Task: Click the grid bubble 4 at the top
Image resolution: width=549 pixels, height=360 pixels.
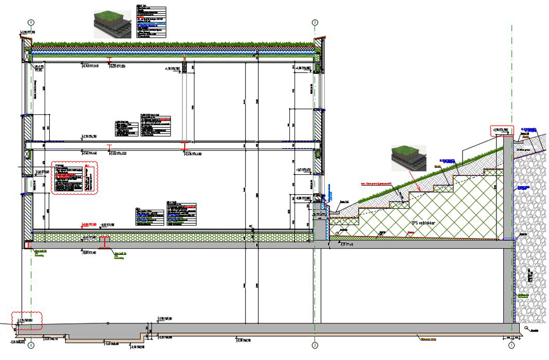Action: click(x=31, y=22)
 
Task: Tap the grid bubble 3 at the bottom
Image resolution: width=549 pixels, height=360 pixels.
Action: click(x=315, y=345)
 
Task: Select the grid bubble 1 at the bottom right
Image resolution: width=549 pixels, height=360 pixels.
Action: click(x=511, y=345)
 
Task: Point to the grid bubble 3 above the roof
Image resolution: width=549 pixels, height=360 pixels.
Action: click(x=315, y=22)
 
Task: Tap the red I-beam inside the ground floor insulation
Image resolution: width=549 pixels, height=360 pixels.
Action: click(x=105, y=242)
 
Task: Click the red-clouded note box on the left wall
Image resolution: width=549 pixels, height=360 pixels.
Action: click(x=74, y=178)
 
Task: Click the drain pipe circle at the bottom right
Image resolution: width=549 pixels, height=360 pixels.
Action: click(x=526, y=328)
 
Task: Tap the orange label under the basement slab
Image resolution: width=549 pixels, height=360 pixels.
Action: click(x=423, y=338)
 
